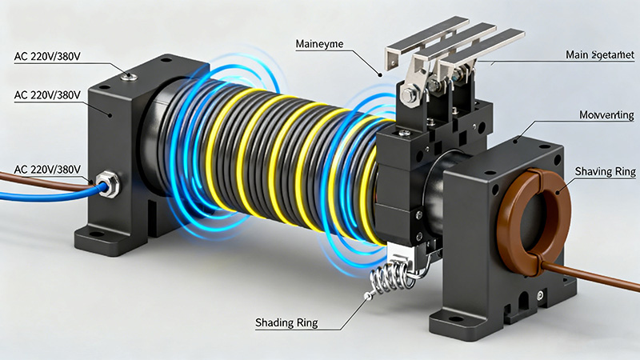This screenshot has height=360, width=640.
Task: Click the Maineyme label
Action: pos(320,42)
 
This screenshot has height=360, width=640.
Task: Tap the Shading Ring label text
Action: pos(286,323)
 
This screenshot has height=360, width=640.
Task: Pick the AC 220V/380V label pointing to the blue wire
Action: pos(47,170)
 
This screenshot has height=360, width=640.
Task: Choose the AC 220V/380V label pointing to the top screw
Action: pos(47,57)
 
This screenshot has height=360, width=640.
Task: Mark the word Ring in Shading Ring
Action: pos(305,323)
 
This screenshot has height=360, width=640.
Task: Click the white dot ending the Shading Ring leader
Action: pos(367,298)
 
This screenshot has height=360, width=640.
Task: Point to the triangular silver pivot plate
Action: pos(413,84)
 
